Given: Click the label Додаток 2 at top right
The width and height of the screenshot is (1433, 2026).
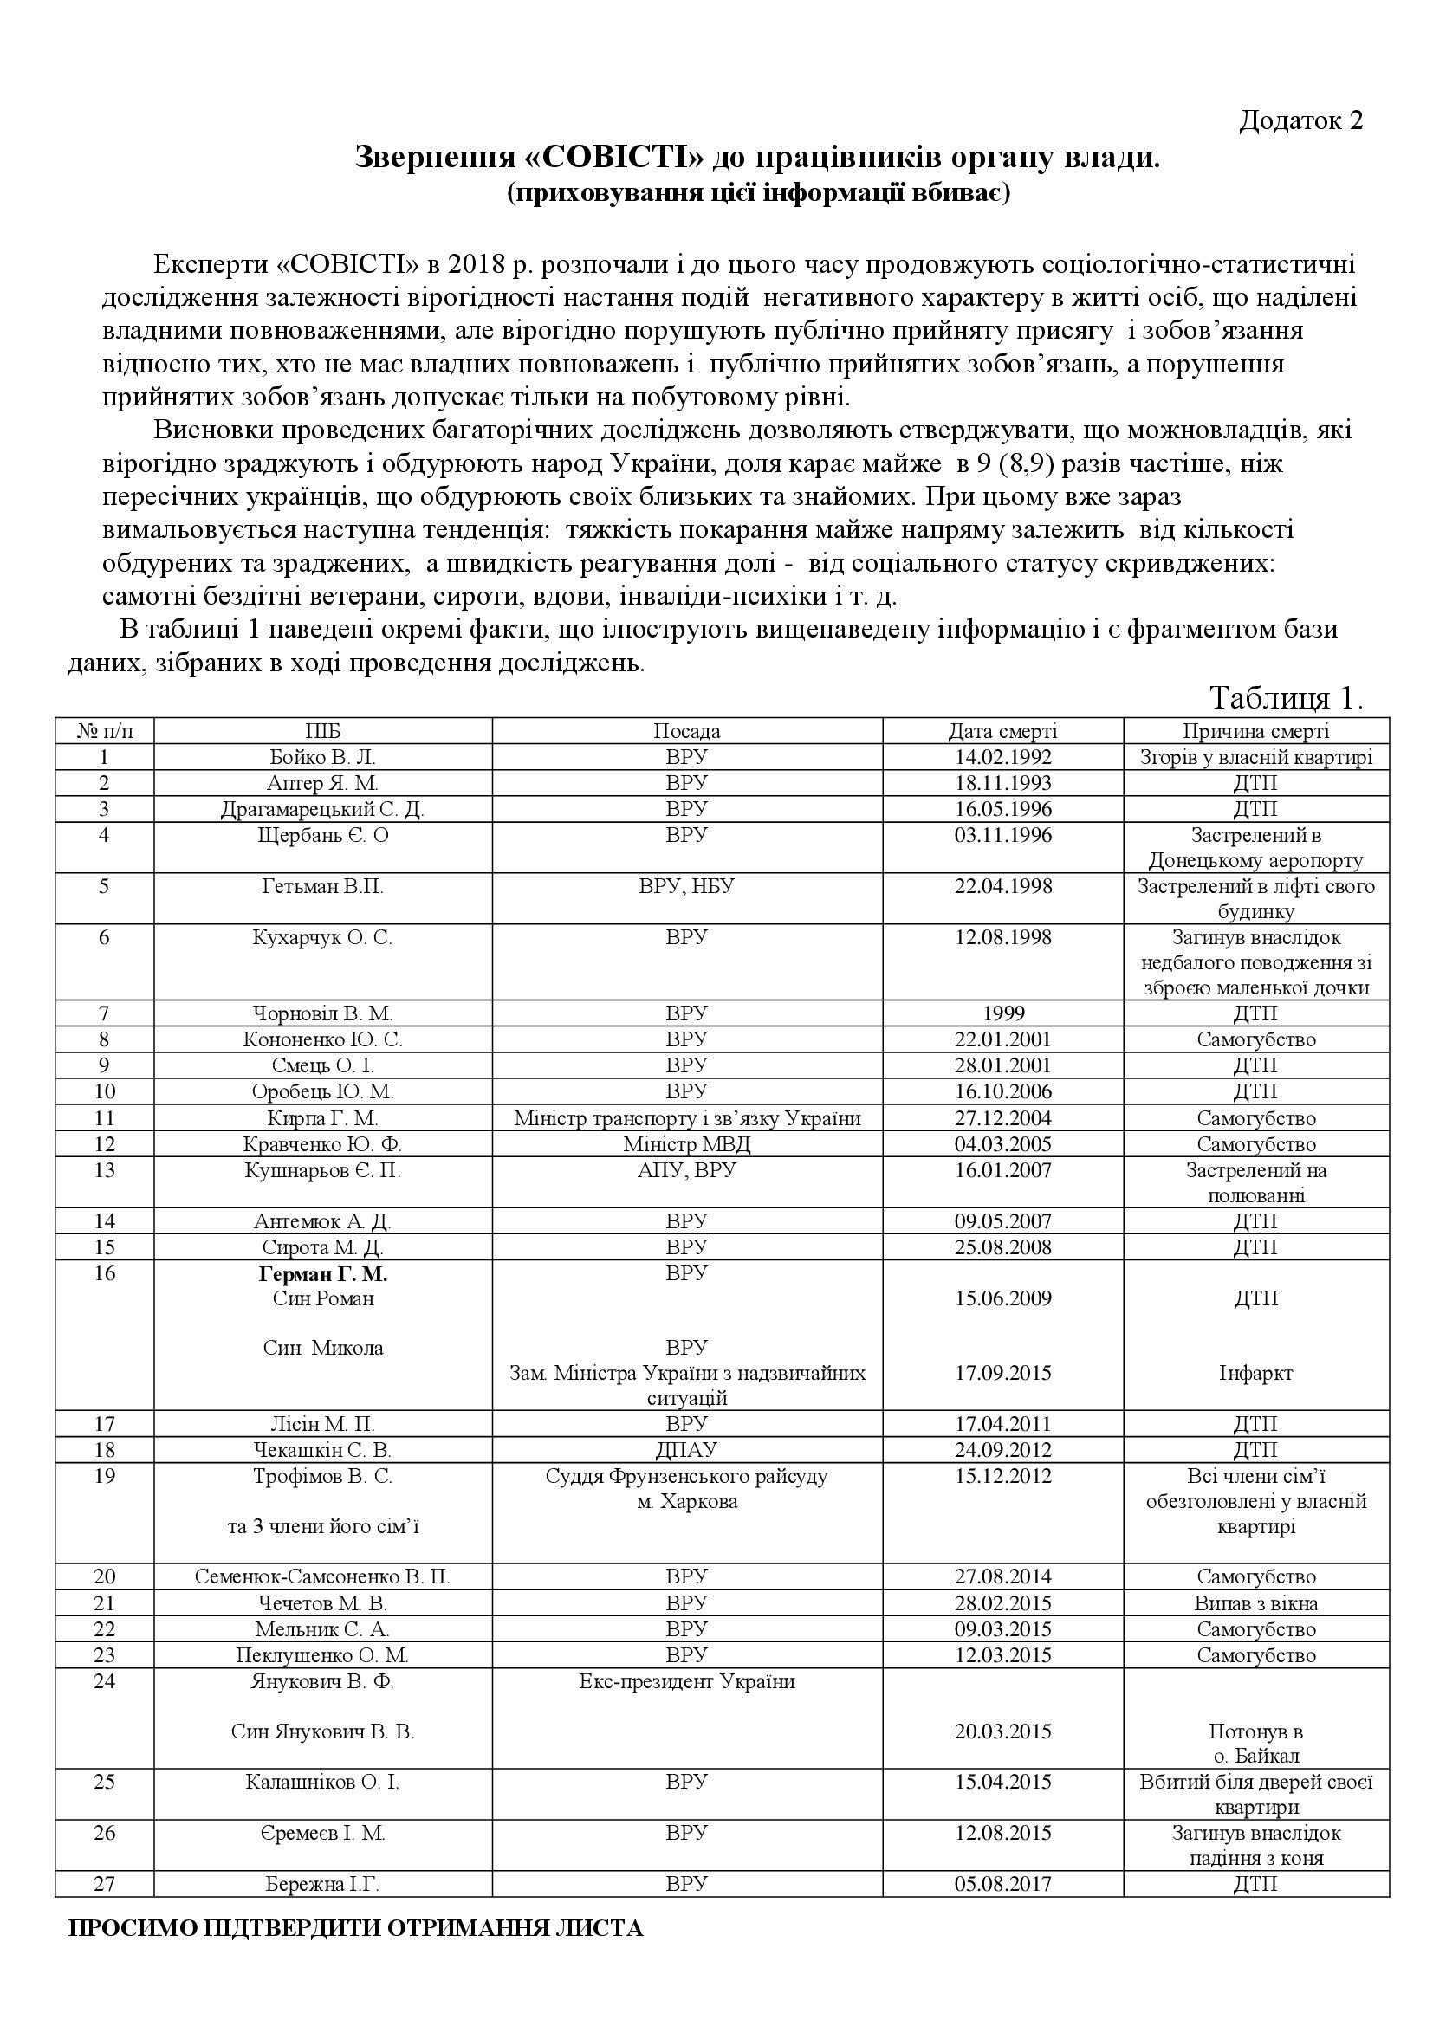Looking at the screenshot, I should [1300, 121].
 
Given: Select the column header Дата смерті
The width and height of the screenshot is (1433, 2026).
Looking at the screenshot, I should [1002, 731].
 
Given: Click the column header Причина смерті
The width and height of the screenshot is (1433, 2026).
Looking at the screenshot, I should [1255, 731].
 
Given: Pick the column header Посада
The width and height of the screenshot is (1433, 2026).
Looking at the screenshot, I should [686, 731].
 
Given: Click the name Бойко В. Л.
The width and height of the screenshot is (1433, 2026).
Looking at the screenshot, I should [322, 757].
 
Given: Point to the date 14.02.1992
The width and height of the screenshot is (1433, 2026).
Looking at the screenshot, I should [1002, 757].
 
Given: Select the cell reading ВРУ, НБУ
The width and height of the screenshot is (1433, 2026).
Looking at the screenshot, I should [686, 886].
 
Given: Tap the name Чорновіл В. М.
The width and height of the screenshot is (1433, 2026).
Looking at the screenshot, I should [322, 1013].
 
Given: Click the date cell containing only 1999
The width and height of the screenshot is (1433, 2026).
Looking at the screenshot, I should [1002, 1013].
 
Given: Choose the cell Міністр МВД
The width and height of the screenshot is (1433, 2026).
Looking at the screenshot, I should [686, 1144].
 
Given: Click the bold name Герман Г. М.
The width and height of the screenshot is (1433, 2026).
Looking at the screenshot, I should [322, 1274].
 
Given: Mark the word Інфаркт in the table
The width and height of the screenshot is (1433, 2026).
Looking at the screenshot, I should [1255, 1373].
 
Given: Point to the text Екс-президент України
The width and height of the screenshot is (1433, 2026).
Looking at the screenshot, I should [686, 1681].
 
